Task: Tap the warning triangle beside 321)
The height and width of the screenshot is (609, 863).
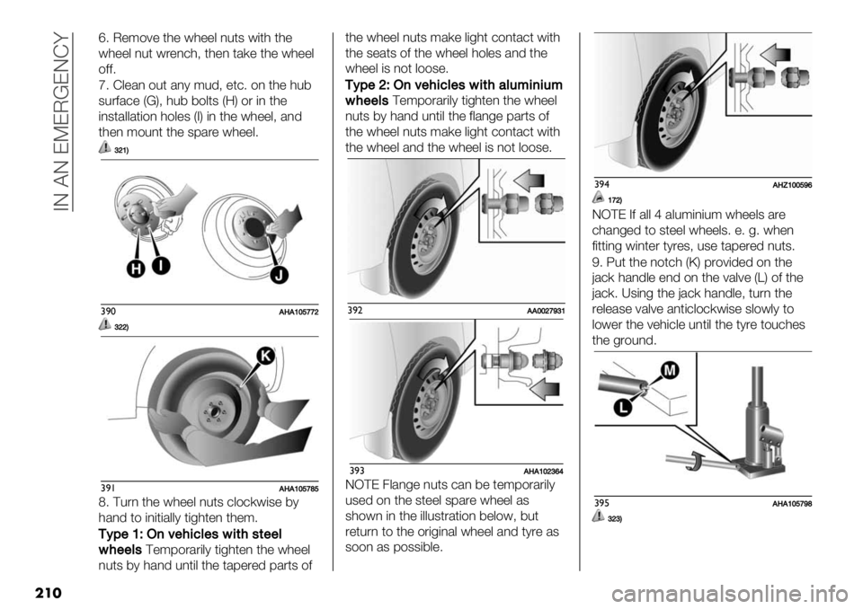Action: [x=106, y=148]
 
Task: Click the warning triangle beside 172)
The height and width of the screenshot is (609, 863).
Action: [x=600, y=198]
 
